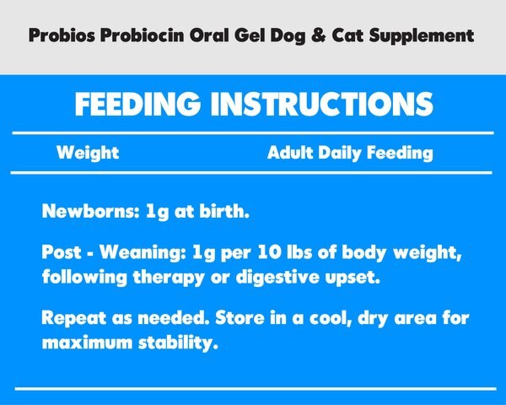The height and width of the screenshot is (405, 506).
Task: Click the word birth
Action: (225, 212)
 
